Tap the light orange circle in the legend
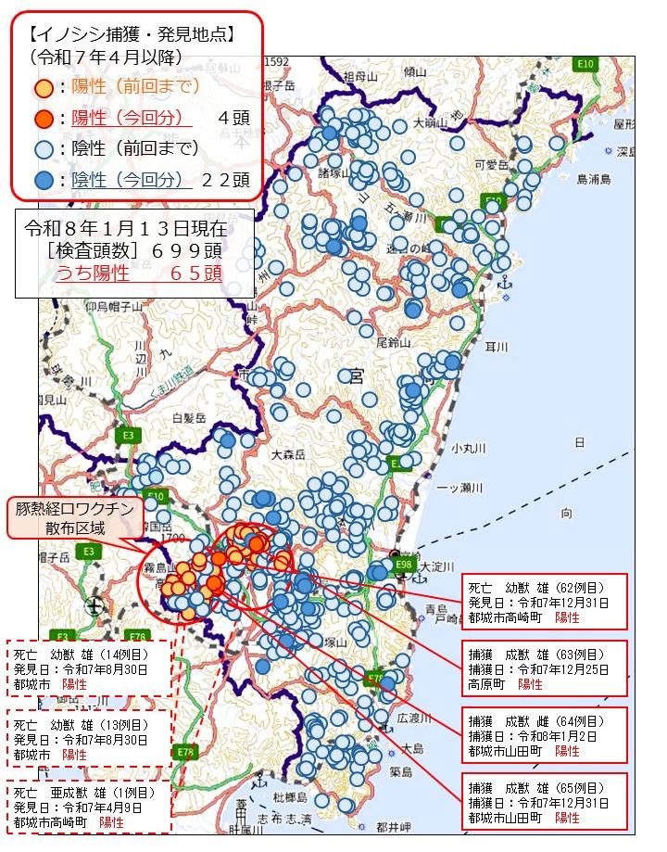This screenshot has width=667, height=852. (43, 88)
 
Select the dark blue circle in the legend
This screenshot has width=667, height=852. (43, 180)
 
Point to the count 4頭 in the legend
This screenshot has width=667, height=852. (235, 118)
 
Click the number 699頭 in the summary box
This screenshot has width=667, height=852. (188, 251)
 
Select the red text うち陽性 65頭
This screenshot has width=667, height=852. (138, 273)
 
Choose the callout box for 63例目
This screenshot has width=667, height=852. (544, 668)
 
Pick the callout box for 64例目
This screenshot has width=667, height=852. (544, 734)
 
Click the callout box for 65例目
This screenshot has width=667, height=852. (544, 799)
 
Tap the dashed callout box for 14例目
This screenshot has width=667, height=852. (89, 668)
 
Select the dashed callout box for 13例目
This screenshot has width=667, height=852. (89, 739)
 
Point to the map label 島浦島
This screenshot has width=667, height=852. (594, 179)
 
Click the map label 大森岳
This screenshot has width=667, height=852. (288, 455)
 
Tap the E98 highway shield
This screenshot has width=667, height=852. (404, 564)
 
